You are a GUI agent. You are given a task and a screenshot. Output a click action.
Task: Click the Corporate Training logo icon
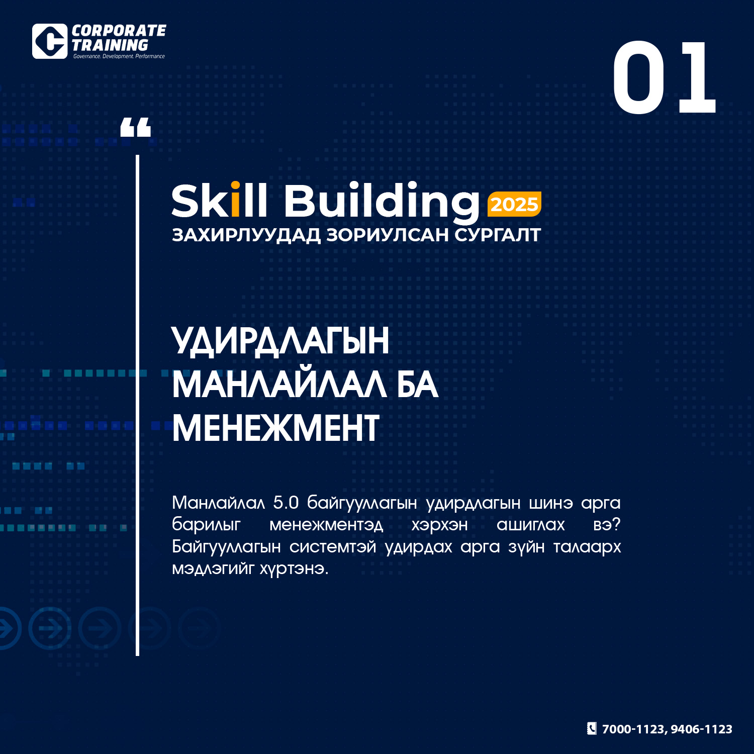(50, 41)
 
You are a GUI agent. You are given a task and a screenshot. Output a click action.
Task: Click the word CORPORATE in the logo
(119, 31)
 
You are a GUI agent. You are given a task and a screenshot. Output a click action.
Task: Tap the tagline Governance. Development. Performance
(119, 56)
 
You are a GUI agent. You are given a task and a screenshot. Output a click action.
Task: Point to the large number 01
(664, 77)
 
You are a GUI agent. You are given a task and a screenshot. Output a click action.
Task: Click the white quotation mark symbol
(136, 127)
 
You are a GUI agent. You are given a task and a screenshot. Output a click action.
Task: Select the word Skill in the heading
(219, 201)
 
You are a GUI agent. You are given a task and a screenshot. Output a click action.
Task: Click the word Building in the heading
(382, 203)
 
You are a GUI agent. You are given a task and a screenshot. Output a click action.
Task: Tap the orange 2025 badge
(514, 204)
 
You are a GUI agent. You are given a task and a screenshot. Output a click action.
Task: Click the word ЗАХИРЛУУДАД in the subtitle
(246, 235)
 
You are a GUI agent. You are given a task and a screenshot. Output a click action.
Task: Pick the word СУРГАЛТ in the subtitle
(497, 235)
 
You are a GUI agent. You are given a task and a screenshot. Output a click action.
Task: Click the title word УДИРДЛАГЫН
(280, 341)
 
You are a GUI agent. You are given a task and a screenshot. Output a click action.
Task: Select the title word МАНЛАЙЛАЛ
(279, 385)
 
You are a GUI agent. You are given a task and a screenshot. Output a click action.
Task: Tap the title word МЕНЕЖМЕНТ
(275, 428)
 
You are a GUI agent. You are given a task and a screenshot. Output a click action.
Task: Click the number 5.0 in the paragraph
(286, 502)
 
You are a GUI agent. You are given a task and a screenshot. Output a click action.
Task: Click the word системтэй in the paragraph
(332, 546)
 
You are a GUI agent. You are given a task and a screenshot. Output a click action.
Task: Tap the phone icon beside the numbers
(592, 728)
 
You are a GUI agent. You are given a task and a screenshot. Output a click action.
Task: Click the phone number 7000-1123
(633, 729)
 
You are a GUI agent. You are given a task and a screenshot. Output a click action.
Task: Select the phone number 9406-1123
(701, 729)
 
